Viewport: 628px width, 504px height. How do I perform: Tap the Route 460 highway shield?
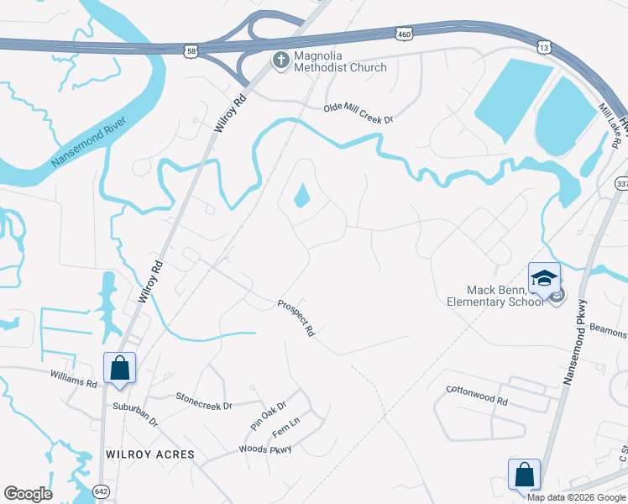(403, 32)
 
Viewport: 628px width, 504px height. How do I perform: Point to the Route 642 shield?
(101, 491)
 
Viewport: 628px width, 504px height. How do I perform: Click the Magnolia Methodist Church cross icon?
(280, 59)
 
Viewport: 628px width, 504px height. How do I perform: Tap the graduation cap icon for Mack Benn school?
(543, 278)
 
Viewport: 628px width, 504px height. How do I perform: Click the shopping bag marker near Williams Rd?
(119, 368)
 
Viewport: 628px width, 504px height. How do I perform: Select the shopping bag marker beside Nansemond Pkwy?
(524, 475)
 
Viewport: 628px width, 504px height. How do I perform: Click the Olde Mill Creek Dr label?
(359, 114)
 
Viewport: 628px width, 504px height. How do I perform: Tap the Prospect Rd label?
(296, 318)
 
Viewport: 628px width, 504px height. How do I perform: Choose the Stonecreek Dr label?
(203, 401)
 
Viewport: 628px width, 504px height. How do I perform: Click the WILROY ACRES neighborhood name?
(150, 454)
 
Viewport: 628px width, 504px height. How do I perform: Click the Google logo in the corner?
(28, 494)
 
